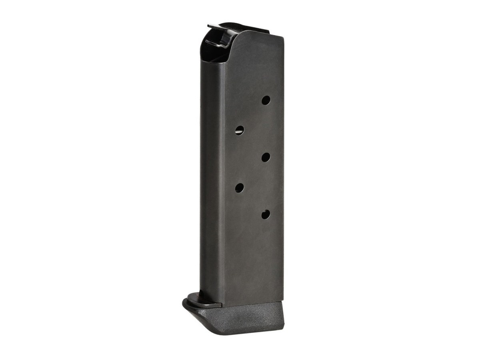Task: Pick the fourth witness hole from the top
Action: [x=240, y=187]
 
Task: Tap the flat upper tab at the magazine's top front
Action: [x=216, y=27]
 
